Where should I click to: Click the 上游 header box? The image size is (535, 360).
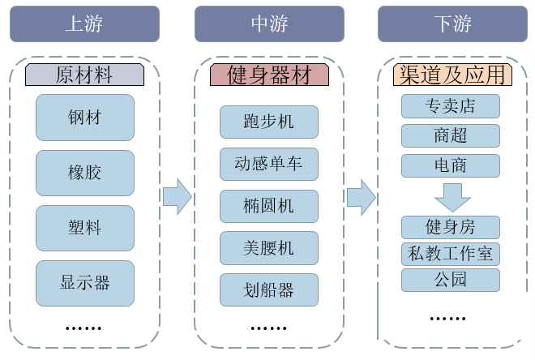[84, 23]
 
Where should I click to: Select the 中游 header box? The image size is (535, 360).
[268, 23]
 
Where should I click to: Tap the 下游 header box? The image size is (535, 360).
[452, 23]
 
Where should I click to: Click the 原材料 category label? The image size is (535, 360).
[84, 75]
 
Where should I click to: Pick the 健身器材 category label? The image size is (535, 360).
[268, 75]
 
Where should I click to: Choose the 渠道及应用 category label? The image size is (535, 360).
[452, 75]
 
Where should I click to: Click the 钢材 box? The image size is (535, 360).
[84, 118]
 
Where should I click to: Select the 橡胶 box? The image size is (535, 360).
[84, 173]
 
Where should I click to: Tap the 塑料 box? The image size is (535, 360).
[84, 228]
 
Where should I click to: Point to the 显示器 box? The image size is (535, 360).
[84, 283]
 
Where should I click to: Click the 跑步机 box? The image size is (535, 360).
[268, 122]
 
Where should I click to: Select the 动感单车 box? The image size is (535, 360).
[268, 164]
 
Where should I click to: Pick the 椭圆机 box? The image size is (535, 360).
[268, 206]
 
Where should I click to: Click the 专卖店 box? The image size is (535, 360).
[451, 106]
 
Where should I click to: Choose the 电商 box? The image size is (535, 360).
[451, 165]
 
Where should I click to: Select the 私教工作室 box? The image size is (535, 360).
[451, 254]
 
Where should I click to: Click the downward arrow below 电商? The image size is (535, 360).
[452, 195]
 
